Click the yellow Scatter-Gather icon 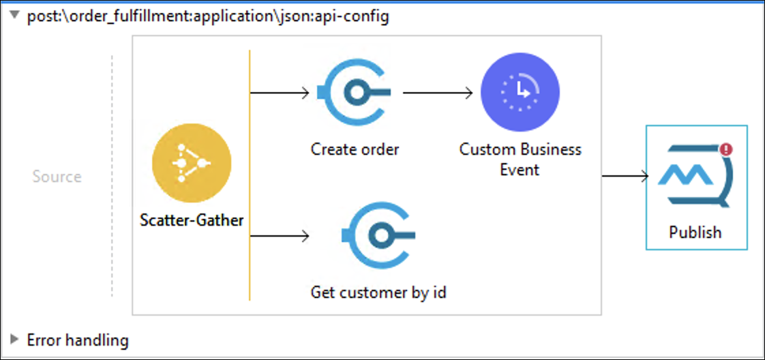coord(192,162)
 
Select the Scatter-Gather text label coord(192,220)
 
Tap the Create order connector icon coord(354,93)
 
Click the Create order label coord(355,149)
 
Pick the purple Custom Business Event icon coord(520,92)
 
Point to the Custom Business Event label coord(520,160)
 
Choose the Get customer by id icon coord(378,236)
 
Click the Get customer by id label coord(378,292)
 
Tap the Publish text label coord(695,232)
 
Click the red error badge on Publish coord(726,149)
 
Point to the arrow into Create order coord(280,93)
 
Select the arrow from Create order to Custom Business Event coord(438,93)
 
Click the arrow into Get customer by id coord(280,236)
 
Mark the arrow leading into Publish coord(625,176)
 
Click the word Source coord(57,176)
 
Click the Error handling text coord(78,340)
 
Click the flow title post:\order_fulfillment coord(208,17)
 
